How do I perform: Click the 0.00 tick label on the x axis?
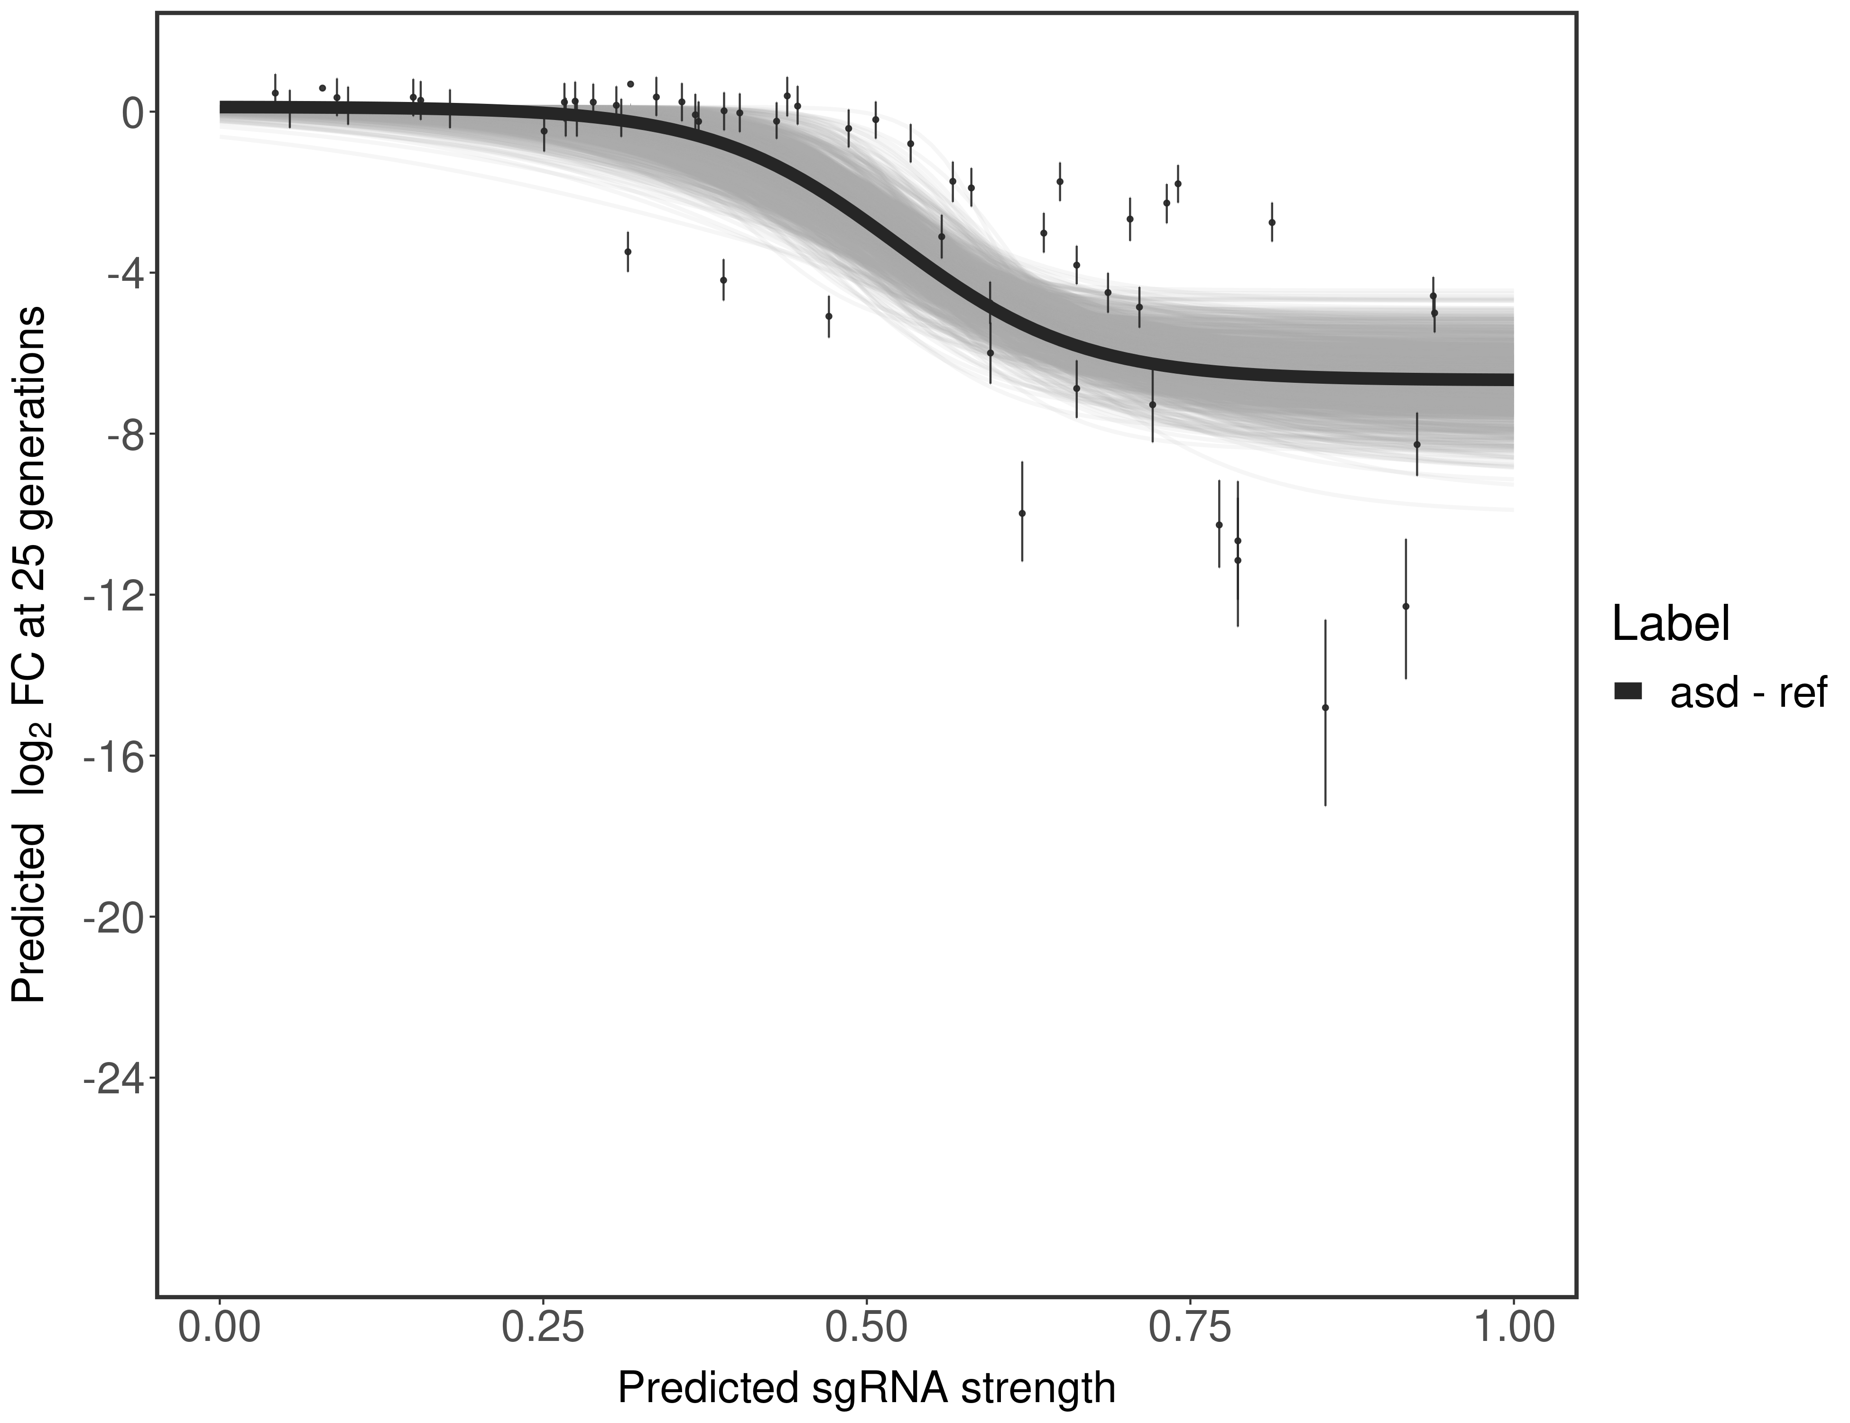pyautogui.click(x=219, y=1327)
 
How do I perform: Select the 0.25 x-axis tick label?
pyautogui.click(x=543, y=1327)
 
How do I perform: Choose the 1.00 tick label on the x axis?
pyautogui.click(x=1513, y=1327)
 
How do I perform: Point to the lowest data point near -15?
pyautogui.click(x=1325, y=707)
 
